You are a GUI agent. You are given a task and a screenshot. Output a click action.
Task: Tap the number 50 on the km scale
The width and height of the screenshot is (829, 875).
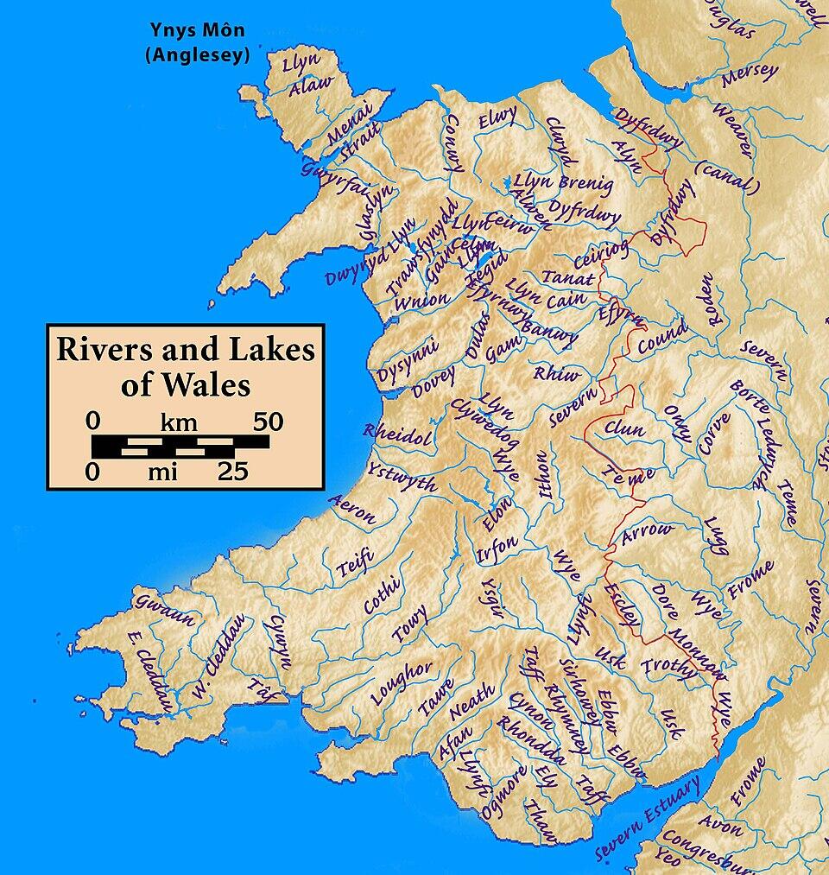[267, 422]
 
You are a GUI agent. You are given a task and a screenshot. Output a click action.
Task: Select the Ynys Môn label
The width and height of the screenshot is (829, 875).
[196, 31]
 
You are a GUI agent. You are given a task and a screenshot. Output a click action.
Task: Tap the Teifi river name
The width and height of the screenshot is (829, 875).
[354, 566]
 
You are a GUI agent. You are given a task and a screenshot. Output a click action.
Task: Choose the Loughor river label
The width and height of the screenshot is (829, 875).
[402, 682]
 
